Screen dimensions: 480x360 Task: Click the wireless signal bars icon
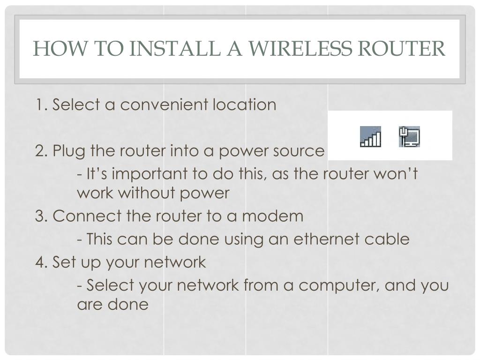(370, 136)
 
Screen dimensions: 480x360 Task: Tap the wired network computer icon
(409, 136)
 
